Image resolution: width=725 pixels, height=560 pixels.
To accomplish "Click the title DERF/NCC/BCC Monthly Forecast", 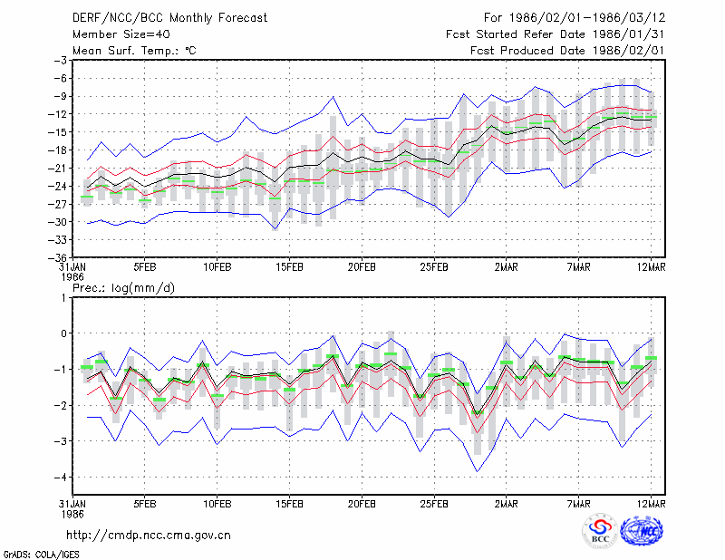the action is [x=169, y=18].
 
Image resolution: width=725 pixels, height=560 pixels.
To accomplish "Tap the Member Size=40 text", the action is [x=121, y=34].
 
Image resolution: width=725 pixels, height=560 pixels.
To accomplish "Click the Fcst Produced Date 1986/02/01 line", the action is [x=567, y=51].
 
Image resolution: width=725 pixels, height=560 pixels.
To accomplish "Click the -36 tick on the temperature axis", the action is [x=61, y=257].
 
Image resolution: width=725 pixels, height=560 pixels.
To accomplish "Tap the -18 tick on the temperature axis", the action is [x=61, y=150].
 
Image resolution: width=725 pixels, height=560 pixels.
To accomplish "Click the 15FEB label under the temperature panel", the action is [x=289, y=267].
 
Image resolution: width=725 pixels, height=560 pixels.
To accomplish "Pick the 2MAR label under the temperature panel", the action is [x=507, y=267].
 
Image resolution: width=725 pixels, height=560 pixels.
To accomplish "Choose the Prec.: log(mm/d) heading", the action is [x=124, y=288].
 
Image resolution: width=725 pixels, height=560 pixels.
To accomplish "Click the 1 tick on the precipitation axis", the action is [x=63, y=297].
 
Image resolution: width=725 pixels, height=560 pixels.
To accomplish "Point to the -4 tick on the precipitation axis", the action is [x=61, y=477].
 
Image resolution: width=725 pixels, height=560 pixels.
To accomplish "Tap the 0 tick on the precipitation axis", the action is [x=63, y=333].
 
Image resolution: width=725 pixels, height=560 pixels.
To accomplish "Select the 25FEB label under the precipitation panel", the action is [x=434, y=504].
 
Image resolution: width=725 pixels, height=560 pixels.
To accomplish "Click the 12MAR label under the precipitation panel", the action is [x=651, y=504].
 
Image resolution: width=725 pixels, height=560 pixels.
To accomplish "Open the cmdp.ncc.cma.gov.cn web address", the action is [x=149, y=536].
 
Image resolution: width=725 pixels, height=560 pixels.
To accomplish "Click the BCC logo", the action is [x=600, y=532].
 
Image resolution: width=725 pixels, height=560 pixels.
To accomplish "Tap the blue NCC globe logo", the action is [x=642, y=531].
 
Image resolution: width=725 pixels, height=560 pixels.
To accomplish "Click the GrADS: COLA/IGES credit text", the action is [x=41, y=555].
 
